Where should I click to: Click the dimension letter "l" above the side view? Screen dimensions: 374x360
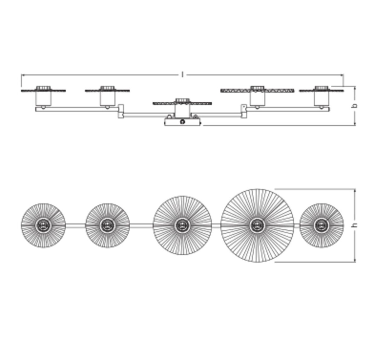point(183,74)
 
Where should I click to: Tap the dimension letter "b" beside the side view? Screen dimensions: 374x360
point(355,106)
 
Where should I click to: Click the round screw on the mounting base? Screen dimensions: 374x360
point(182,122)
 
